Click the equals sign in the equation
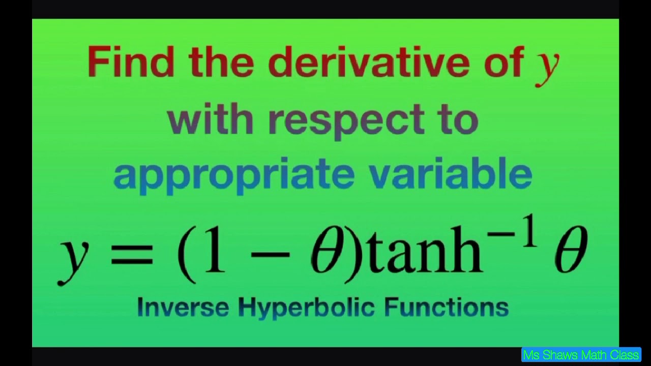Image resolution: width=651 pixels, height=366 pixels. pyautogui.click(x=132, y=253)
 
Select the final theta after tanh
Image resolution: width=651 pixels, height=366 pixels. pyautogui.click(x=570, y=250)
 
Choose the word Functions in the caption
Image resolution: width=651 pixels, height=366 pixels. pyautogui.click(x=446, y=307)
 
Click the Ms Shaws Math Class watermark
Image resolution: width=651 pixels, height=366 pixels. pyautogui.click(x=581, y=354)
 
